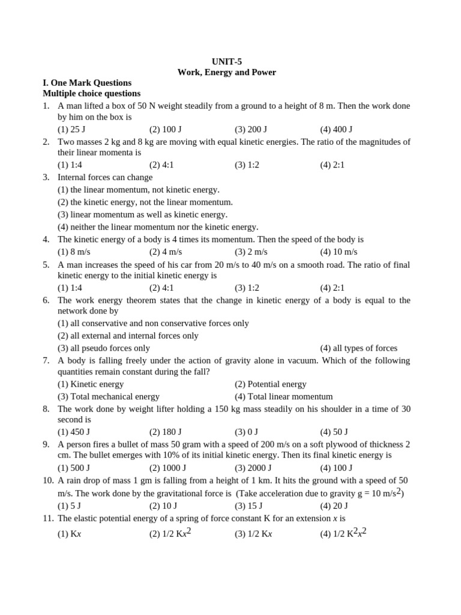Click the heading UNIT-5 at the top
[x=227, y=61]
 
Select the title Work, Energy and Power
[x=226, y=72]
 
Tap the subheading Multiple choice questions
[x=91, y=94]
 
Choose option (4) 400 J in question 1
[x=336, y=129]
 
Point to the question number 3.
[x=46, y=178]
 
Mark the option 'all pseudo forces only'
[x=104, y=348]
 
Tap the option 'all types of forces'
[x=358, y=348]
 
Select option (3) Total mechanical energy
[x=109, y=396]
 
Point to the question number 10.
[x=47, y=481]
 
